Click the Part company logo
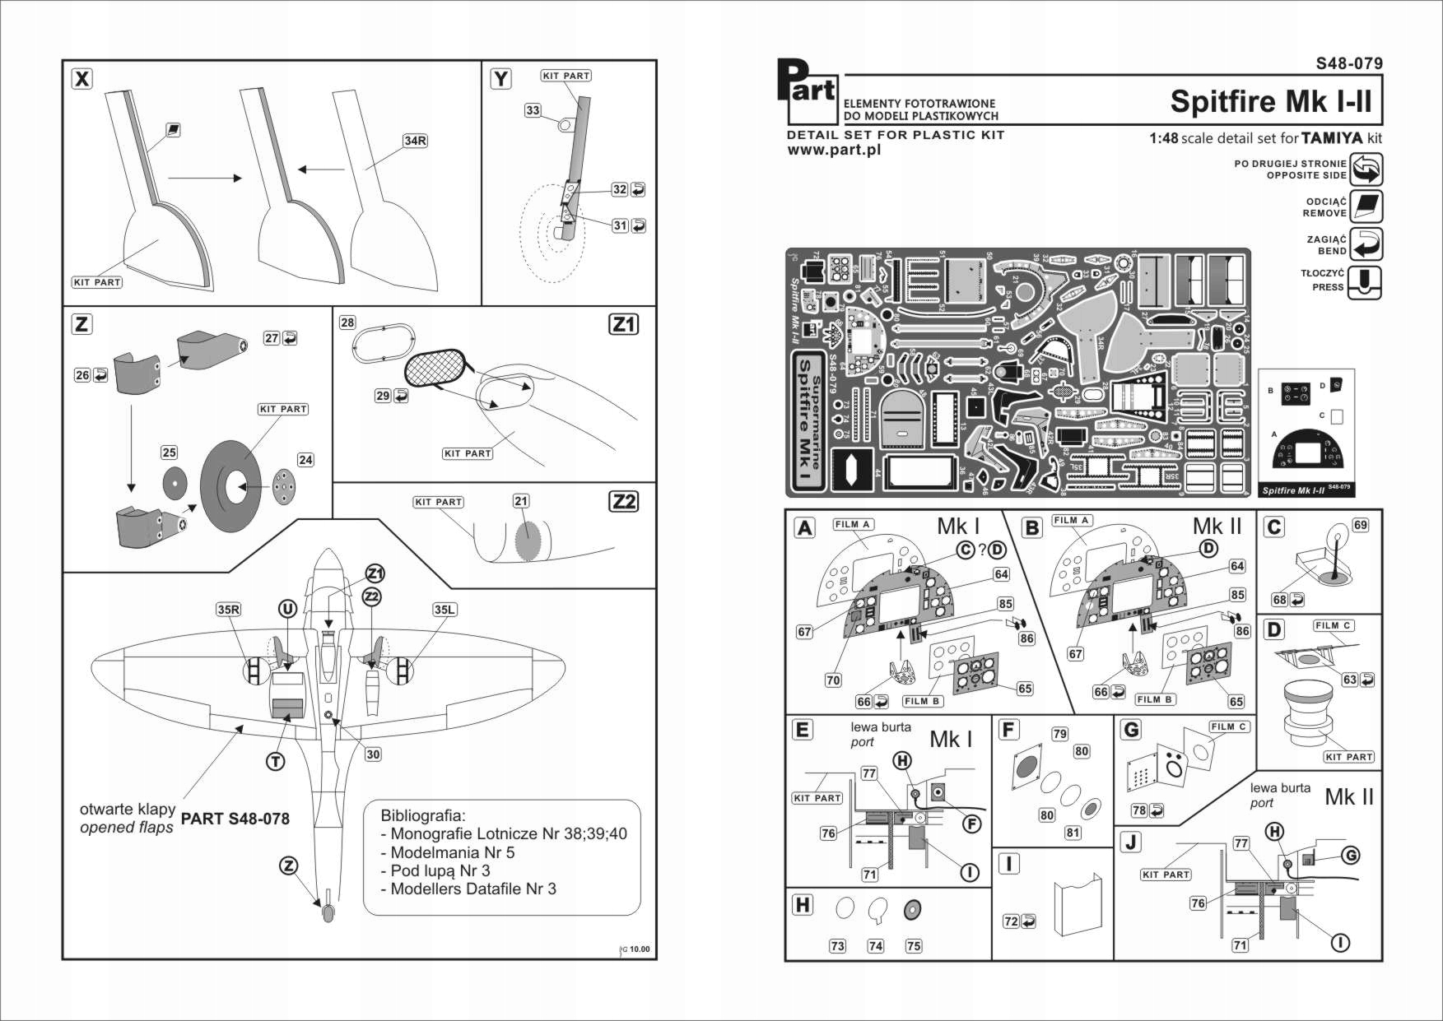click(x=807, y=90)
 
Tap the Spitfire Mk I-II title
click(x=1271, y=101)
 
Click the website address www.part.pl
click(x=834, y=150)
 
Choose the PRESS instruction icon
click(x=1365, y=282)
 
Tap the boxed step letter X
click(x=82, y=79)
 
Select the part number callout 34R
click(x=415, y=141)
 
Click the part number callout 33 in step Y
click(x=533, y=110)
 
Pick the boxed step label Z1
click(x=623, y=325)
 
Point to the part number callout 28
click(x=347, y=323)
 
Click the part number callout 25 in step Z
click(x=169, y=452)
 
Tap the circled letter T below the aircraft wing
click(x=276, y=762)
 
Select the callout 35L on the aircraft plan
click(x=444, y=610)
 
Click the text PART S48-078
click(x=235, y=819)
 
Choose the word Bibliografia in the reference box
click(x=422, y=815)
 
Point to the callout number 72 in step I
click(x=1011, y=921)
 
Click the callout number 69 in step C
click(x=1360, y=525)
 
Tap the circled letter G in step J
click(x=1351, y=856)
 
